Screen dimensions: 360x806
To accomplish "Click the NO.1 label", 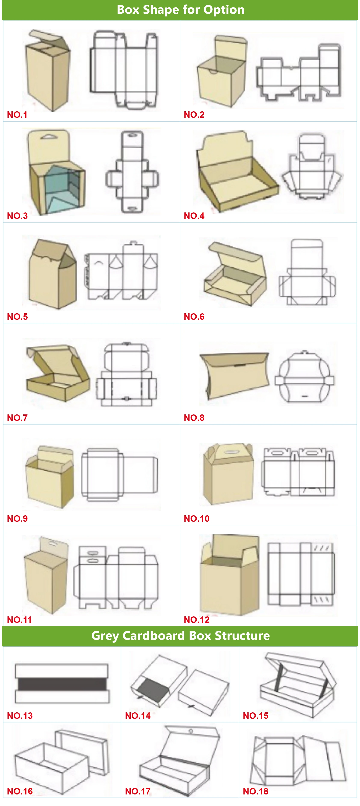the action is click(17, 115).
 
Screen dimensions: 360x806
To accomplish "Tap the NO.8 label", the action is click(194, 418).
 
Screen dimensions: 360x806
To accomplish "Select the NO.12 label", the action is click(197, 620).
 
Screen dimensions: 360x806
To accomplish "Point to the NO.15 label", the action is click(255, 716).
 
